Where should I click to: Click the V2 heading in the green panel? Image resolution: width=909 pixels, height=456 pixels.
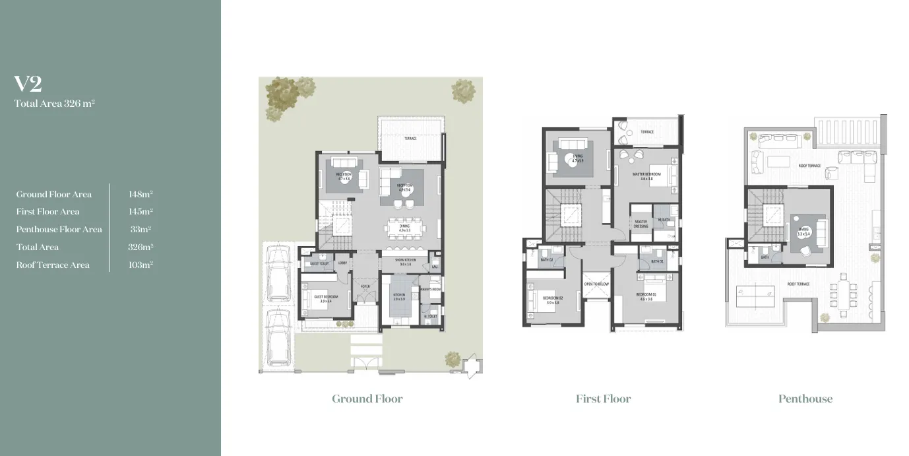pos(28,84)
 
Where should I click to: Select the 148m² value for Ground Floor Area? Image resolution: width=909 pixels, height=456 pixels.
pos(141,194)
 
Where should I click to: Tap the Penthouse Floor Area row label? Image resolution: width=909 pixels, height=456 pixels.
pos(59,230)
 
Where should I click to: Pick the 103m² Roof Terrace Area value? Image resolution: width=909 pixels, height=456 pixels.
pos(141,265)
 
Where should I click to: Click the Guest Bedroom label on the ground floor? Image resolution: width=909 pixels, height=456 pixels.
pos(325,298)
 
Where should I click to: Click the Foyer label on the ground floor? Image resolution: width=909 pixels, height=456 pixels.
pos(364,286)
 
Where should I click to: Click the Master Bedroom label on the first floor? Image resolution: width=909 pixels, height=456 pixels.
pos(646,176)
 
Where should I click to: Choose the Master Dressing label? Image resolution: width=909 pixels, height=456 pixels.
pos(641,224)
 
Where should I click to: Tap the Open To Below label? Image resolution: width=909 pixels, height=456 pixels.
pos(596,284)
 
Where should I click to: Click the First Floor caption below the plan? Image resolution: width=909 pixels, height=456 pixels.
pos(603,399)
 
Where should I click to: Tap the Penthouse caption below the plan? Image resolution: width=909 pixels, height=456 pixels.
pos(805,399)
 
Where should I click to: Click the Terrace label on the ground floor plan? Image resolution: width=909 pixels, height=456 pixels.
pos(410,139)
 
